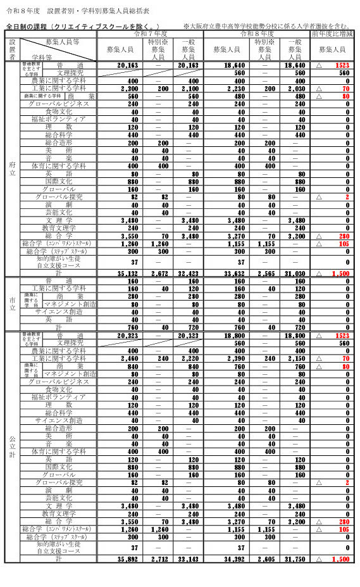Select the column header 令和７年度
[x=150, y=33]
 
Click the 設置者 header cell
[x=12, y=49]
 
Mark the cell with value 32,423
[x=188, y=274]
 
